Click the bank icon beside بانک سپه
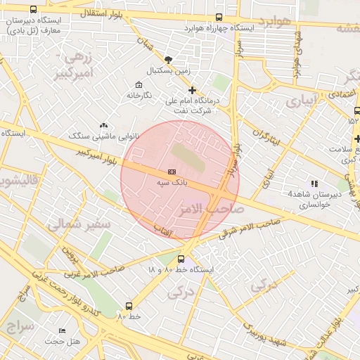click(x=172, y=172)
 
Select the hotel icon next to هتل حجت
click(x=62, y=330)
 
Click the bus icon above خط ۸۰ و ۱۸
click(x=181, y=259)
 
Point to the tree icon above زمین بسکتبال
click(x=167, y=60)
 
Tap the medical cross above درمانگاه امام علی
click(x=192, y=89)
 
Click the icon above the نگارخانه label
click(x=139, y=84)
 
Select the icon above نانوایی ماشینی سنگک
click(x=104, y=124)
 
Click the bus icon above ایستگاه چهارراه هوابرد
click(x=219, y=17)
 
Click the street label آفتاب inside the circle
click(x=164, y=229)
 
